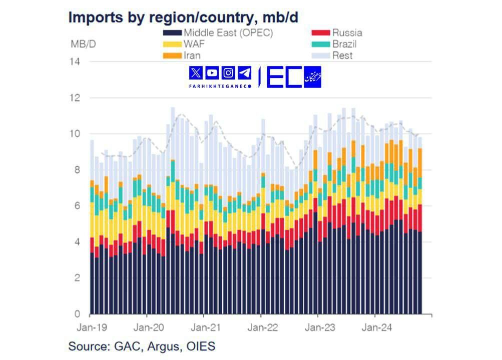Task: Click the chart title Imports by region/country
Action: coord(183,17)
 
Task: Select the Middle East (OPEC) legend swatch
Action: coord(172,33)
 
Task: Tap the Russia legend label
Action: coord(347,33)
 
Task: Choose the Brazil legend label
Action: coord(344,44)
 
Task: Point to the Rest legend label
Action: coord(342,55)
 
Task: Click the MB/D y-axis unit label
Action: coord(83,44)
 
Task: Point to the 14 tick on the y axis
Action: coord(76,62)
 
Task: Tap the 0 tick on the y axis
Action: coord(78,314)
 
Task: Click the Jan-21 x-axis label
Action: coord(204,328)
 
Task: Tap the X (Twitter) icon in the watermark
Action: coord(196,73)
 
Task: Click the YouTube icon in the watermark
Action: coord(212,73)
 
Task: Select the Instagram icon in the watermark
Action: coord(228,73)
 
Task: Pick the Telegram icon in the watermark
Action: coord(244,73)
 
